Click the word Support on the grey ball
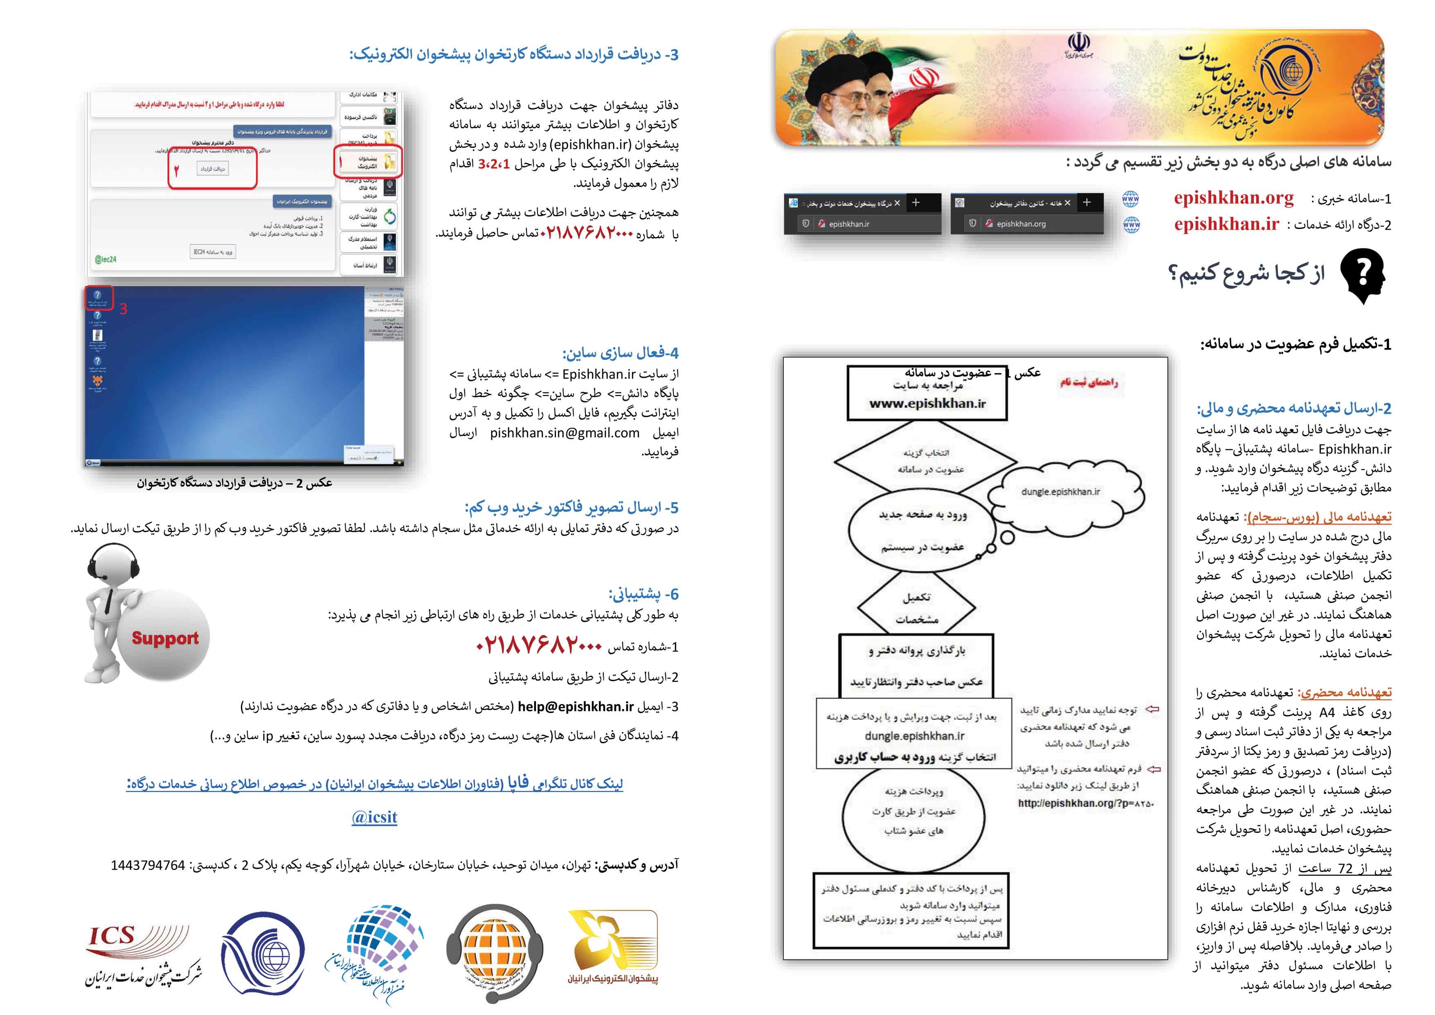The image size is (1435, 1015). click(165, 638)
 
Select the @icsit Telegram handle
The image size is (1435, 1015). click(374, 817)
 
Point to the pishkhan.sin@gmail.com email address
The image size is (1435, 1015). click(565, 433)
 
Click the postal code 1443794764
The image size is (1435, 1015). click(148, 866)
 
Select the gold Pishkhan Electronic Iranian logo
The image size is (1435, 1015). click(613, 947)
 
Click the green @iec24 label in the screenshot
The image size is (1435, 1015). click(105, 259)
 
